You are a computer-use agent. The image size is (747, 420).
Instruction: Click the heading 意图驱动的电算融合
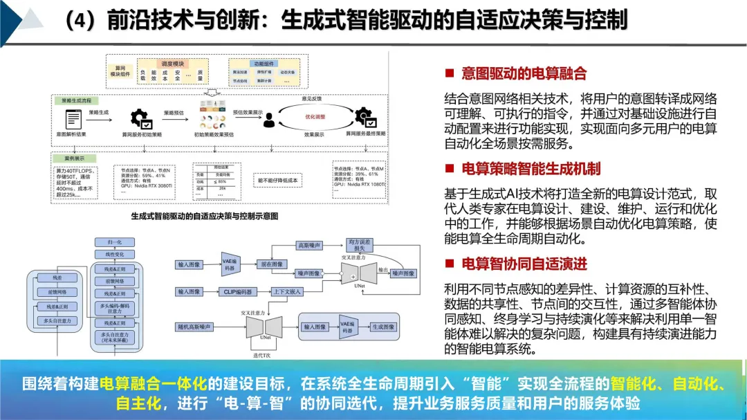[524, 73]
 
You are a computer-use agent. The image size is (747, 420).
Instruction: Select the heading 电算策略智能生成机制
[531, 168]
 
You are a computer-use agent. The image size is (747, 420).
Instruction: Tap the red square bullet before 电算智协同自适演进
[449, 264]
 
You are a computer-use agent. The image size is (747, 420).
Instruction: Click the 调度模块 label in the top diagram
[163, 62]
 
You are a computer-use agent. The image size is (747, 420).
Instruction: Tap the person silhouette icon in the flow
[268, 120]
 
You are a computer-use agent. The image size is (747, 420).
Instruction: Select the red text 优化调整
[315, 117]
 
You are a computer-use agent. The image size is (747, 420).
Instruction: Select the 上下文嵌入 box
[288, 291]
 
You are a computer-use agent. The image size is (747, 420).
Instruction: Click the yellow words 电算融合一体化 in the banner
[154, 383]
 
